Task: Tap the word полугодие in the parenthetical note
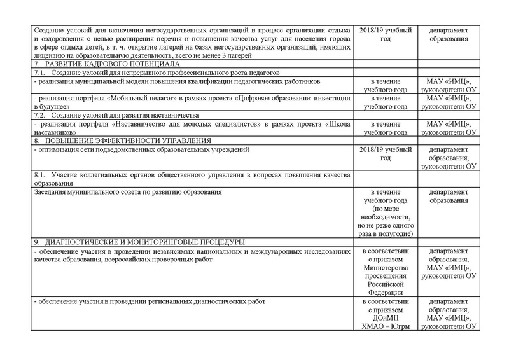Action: point(398,233)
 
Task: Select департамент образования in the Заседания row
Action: point(450,195)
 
